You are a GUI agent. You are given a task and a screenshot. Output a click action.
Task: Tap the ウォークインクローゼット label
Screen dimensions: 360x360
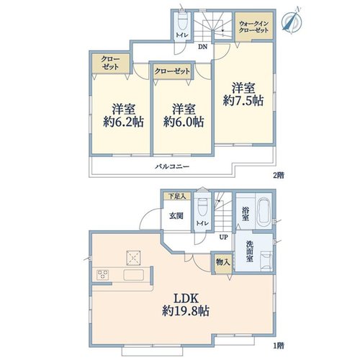[x=253, y=27]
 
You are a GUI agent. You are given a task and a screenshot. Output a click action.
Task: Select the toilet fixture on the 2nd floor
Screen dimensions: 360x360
[x=183, y=21]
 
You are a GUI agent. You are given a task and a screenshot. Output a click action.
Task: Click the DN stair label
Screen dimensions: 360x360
[x=202, y=47]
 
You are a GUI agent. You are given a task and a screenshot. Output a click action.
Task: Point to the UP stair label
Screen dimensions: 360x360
[x=223, y=237]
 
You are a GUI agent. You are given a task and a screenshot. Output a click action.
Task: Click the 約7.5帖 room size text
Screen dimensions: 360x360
[x=243, y=101]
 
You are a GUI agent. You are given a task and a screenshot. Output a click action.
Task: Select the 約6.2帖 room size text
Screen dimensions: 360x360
[x=124, y=122]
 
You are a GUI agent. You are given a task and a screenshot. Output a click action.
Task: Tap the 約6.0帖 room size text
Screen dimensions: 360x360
[x=184, y=122]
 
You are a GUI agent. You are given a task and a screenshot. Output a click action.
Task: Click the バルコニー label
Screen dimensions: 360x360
[x=172, y=166]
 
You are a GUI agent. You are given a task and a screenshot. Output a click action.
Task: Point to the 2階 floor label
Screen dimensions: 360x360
[x=279, y=176]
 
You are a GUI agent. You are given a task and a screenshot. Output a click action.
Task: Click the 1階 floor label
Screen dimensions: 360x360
[x=279, y=346]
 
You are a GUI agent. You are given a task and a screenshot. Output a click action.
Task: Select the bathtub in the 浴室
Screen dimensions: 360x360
[x=264, y=211]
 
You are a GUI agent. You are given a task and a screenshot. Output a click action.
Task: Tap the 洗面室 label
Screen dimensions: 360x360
[x=249, y=251]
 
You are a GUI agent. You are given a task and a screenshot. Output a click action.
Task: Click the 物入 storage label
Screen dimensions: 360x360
[x=222, y=262]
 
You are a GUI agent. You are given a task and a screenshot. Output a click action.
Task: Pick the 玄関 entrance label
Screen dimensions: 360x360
[x=176, y=216]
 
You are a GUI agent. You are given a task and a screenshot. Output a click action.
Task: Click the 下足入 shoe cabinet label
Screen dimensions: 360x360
[x=177, y=196]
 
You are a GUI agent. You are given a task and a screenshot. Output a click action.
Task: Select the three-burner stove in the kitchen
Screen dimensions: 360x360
[x=103, y=275]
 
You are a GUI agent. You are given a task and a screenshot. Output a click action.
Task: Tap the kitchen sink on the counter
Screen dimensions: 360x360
[x=134, y=275]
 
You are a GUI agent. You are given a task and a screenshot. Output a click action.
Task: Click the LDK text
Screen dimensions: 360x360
[x=186, y=299]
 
